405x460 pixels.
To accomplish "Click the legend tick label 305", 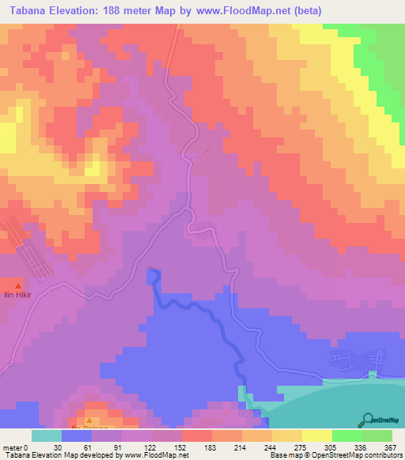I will coord(331,447).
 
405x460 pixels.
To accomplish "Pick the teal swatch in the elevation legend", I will coord(47,435).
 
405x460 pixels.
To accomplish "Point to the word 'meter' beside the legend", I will coord(12,447).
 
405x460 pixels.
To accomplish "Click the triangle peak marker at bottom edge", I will coord(89,420).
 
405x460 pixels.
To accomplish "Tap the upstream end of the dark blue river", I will coord(152,272).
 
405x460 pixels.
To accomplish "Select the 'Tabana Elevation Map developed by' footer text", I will coord(60,454).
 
